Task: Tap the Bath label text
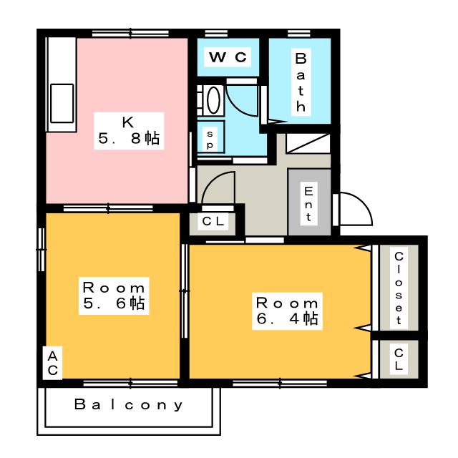click(301, 81)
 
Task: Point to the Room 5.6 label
click(113, 296)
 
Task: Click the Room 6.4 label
click(286, 309)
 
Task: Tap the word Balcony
click(130, 405)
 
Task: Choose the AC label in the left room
click(53, 362)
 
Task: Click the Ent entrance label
click(309, 203)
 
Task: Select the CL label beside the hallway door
click(213, 222)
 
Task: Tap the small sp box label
click(210, 137)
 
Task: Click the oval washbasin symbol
click(213, 100)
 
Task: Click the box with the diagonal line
click(308, 141)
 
